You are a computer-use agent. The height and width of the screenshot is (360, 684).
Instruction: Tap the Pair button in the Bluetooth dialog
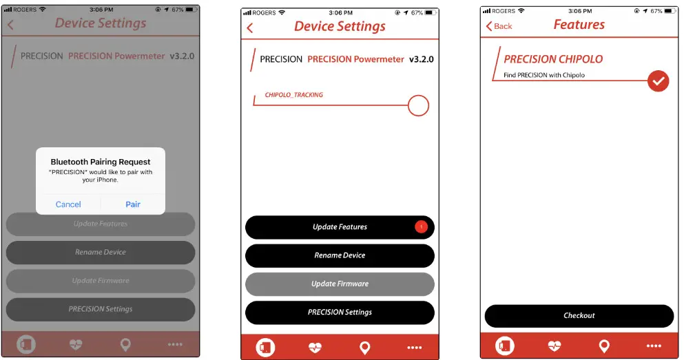click(133, 204)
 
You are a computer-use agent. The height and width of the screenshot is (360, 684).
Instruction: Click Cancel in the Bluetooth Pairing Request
click(68, 204)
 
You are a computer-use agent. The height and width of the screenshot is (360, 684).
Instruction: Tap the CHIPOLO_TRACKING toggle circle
click(418, 105)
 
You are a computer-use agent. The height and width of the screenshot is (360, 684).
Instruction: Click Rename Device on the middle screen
click(340, 255)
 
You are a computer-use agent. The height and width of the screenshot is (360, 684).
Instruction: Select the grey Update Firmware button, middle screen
click(340, 284)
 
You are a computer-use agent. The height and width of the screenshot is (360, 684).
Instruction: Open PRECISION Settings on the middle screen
click(340, 312)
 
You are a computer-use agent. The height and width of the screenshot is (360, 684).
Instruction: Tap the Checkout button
click(579, 315)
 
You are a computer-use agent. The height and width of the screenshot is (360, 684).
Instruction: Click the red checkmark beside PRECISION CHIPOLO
click(659, 81)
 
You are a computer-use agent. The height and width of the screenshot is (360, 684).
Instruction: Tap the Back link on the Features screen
click(499, 26)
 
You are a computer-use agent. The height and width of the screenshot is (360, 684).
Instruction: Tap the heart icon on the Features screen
click(555, 346)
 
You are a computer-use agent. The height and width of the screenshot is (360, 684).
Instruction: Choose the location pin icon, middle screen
click(365, 348)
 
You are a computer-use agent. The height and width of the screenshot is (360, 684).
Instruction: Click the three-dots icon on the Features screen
click(653, 346)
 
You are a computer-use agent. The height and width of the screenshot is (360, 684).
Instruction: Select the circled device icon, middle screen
click(266, 348)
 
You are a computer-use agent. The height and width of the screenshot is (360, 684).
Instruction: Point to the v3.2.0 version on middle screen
click(422, 59)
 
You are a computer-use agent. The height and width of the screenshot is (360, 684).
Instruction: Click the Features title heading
click(579, 25)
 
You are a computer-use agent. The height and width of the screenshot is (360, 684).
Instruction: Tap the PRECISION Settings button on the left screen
click(101, 309)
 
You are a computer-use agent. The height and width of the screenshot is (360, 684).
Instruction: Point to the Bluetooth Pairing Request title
click(101, 162)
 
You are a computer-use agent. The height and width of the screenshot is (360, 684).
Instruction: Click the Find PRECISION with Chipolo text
click(544, 75)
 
